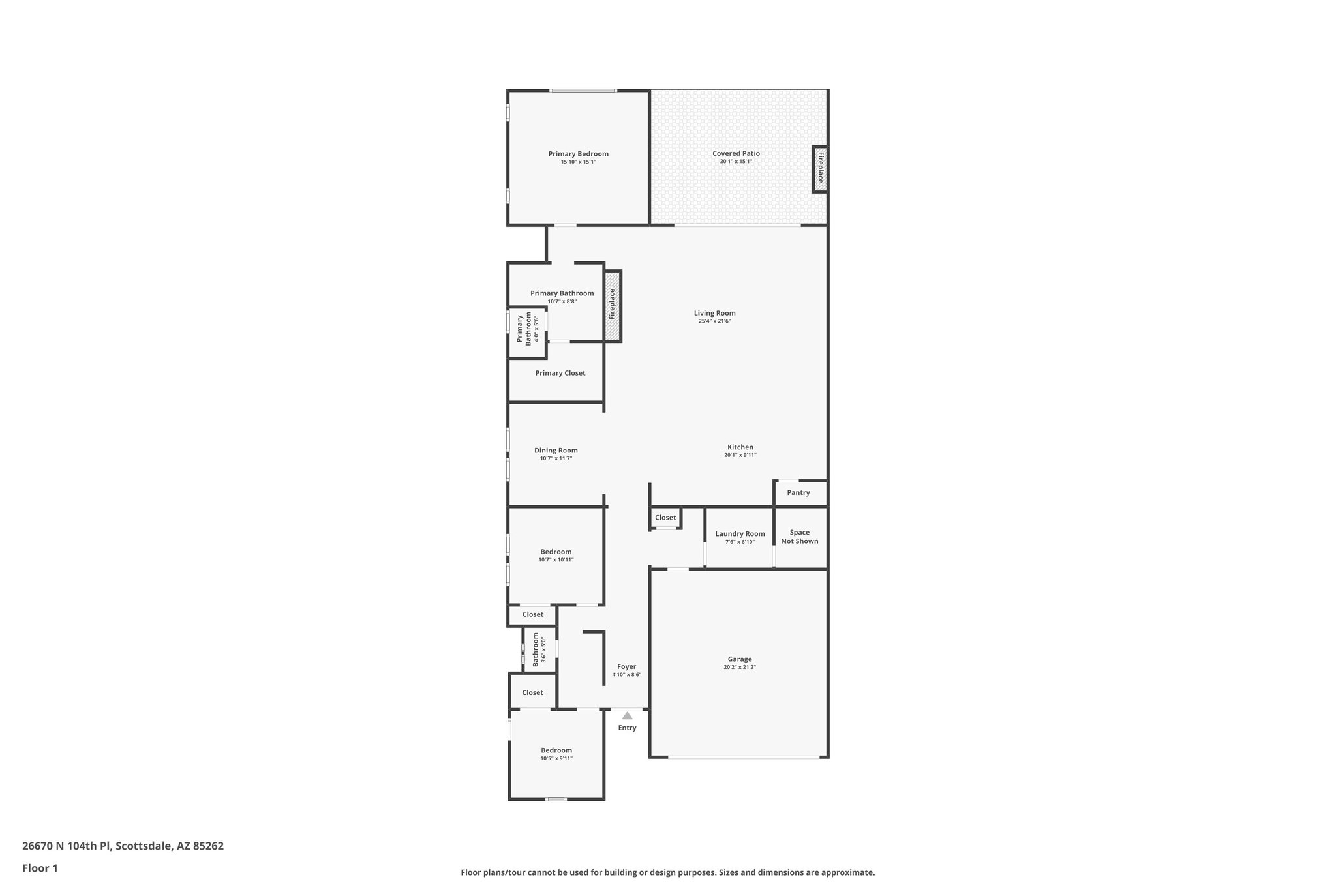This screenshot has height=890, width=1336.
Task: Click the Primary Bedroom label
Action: [x=578, y=154]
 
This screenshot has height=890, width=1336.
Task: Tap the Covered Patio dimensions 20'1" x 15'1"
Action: [x=736, y=162]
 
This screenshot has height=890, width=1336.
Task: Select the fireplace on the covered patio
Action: [x=820, y=169]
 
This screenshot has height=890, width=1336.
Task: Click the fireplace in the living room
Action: [x=612, y=305]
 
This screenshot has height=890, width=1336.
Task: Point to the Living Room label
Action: [x=714, y=313]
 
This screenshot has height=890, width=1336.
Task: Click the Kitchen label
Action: [x=740, y=447]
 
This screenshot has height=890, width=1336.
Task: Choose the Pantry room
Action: [x=798, y=493]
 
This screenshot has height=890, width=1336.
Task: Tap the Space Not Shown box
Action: [x=799, y=537]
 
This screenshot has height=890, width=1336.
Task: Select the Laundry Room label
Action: [x=740, y=534]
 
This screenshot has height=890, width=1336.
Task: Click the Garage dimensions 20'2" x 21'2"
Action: [x=740, y=668]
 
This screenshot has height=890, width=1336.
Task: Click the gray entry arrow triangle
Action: [x=627, y=716]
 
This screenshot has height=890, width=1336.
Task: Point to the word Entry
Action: [x=627, y=728]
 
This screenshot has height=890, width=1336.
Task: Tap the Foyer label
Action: [x=626, y=667]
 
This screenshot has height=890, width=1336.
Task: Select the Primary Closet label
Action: [x=560, y=373]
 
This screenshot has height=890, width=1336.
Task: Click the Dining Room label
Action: [x=556, y=451]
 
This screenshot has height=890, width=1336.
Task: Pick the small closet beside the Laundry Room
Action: [x=665, y=518]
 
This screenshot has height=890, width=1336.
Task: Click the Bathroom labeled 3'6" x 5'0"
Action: [x=539, y=649]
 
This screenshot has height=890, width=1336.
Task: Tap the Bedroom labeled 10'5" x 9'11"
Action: [x=556, y=754]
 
